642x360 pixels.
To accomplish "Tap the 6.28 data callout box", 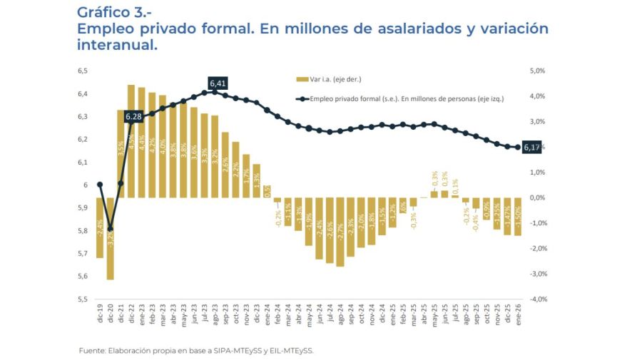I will click(133, 116).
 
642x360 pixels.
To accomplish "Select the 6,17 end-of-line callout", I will click(531, 148).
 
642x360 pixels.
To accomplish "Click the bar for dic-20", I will click(111, 238).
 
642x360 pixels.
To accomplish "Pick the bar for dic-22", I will click(131, 141).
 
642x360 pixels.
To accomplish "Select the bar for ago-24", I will click(340, 232).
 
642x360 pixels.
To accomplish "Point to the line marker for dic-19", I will click(100, 185).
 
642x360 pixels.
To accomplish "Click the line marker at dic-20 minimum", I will click(110, 229).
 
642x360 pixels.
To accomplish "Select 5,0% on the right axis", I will click(537, 71).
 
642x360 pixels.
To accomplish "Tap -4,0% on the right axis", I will click(536, 299).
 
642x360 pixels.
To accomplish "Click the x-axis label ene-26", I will click(517, 315).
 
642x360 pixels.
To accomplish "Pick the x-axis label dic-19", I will click(100, 315).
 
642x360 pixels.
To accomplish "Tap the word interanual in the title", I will click(117, 45).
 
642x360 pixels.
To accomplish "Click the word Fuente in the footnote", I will click(91, 350).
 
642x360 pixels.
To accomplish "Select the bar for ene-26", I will click(517, 217).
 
